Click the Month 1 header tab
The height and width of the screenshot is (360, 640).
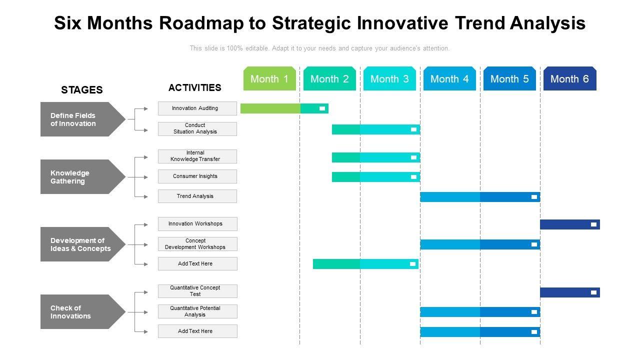[x=269, y=78]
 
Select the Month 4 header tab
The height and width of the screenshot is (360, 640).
[x=449, y=78]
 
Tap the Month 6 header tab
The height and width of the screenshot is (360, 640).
[x=569, y=78]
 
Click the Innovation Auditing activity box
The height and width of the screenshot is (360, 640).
[x=197, y=108]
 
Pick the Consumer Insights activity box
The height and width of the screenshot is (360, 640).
[x=197, y=176]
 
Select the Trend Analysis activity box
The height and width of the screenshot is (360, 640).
[x=197, y=196]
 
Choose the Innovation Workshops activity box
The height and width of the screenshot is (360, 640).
[x=197, y=223]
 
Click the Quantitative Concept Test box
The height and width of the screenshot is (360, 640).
[x=197, y=291]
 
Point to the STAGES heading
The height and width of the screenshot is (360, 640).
[x=81, y=89]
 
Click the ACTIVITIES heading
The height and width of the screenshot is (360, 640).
[x=195, y=87]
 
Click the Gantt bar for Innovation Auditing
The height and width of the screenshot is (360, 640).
[x=284, y=108]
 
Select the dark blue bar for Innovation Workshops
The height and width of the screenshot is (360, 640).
[x=570, y=224]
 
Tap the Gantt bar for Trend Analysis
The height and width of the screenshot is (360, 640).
[x=480, y=197]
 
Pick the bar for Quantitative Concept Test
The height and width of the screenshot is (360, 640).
[x=570, y=292]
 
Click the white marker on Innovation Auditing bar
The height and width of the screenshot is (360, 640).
[x=322, y=108]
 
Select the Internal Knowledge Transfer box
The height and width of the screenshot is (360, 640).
[x=197, y=156]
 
